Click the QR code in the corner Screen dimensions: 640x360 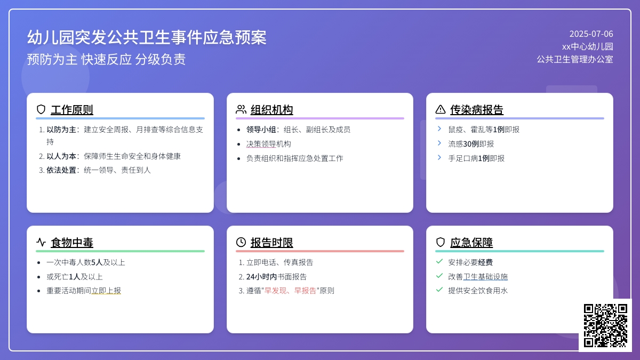point(605,325)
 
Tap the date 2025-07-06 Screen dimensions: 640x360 point(591,34)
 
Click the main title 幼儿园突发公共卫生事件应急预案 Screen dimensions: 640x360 point(147,37)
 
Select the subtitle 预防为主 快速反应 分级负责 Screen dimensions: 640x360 point(106,59)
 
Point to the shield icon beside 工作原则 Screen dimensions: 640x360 point(41,109)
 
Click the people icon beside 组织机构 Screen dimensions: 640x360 point(241,109)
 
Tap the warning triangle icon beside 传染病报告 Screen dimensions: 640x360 point(441,109)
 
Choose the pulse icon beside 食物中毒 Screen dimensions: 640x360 point(41,242)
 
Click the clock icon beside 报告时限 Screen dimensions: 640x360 point(241,242)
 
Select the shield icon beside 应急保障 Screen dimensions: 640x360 point(441,242)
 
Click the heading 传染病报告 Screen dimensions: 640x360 point(477,110)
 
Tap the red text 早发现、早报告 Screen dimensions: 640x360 point(290,291)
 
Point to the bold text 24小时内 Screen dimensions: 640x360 point(261,277)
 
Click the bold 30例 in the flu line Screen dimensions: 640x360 point(471,143)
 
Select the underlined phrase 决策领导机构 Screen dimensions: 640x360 point(269,143)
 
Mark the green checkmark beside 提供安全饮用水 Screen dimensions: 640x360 point(439,290)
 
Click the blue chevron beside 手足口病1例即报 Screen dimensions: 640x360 point(439,157)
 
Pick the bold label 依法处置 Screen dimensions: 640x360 point(61,170)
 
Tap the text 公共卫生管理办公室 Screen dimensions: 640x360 point(575,59)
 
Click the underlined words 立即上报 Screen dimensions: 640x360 point(106,291)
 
